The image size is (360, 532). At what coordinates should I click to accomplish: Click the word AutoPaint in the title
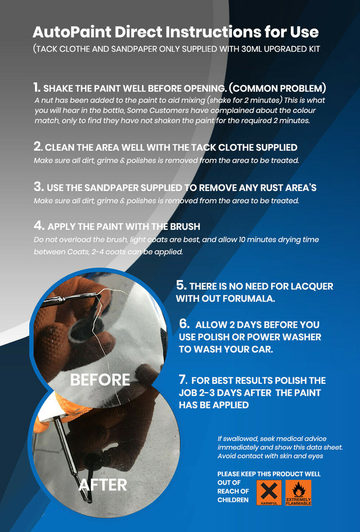pyautogui.click(x=72, y=32)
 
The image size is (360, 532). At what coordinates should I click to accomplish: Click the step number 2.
pyautogui.click(x=38, y=146)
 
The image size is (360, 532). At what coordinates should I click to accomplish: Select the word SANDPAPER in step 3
pyautogui.click(x=111, y=188)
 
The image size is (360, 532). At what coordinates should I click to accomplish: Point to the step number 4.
pyautogui.click(x=39, y=226)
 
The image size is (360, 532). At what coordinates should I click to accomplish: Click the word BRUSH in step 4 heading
pyautogui.click(x=185, y=226)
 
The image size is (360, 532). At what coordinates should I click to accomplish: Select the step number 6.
pyautogui.click(x=184, y=324)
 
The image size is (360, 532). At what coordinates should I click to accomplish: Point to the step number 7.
pyautogui.click(x=183, y=380)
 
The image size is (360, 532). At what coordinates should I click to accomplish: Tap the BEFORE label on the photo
pyautogui.click(x=100, y=380)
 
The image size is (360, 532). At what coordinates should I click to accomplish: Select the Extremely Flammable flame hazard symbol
pyautogui.click(x=298, y=493)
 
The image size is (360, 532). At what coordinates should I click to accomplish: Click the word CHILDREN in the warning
pyautogui.click(x=233, y=500)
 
